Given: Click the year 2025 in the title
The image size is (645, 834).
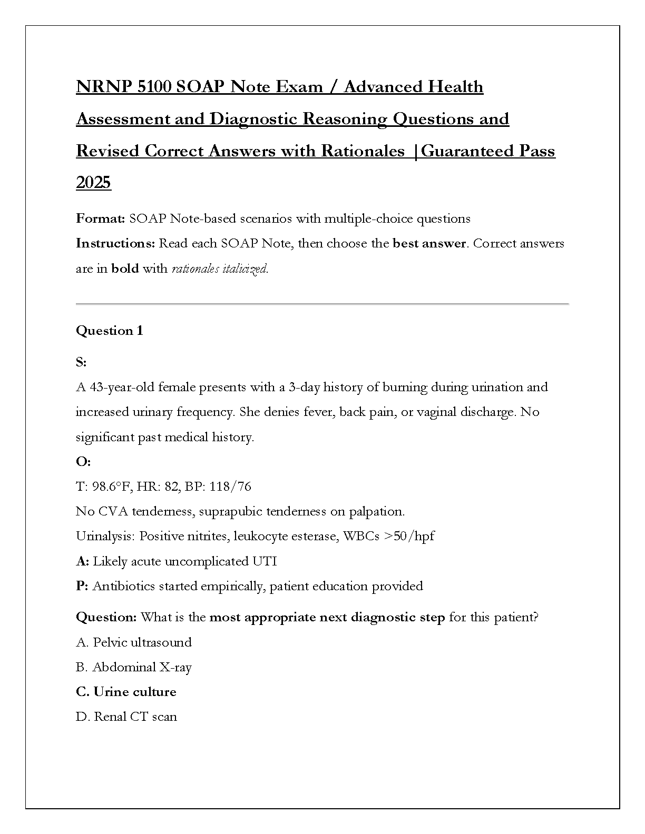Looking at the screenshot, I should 93,183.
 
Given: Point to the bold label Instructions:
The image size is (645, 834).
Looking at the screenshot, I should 115,243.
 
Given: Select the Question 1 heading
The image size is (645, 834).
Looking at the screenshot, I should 109,331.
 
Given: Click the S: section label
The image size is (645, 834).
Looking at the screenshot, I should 81,362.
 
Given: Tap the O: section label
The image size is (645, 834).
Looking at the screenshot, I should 83,462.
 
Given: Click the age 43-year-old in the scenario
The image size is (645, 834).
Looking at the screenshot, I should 122,387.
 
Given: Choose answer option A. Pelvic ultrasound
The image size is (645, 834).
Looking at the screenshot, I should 134,642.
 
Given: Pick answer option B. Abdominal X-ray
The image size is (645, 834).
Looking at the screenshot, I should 134,667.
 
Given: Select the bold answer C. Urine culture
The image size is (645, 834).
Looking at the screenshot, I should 126,692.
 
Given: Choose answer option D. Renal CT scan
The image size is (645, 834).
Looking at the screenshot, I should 126,717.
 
